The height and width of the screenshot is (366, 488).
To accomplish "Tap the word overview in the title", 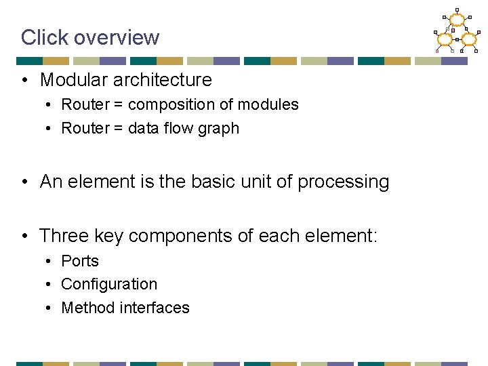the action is point(116,37).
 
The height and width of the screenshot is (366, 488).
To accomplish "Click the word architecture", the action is point(165,80).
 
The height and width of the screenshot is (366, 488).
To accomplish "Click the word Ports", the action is point(80,261).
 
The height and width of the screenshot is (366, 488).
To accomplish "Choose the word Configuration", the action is point(109,285).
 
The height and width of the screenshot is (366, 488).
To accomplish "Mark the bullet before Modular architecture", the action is point(24,81).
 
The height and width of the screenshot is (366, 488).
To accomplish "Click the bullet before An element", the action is point(24,182).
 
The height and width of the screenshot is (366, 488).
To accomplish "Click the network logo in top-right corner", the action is point(456,31).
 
